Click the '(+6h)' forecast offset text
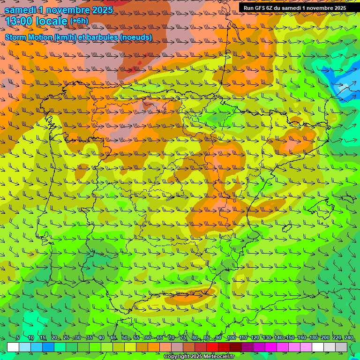pyautogui.click(x=79, y=21)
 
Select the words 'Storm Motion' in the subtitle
pyautogui.click(x=28, y=37)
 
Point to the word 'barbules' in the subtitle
pyautogui.click(x=103, y=37)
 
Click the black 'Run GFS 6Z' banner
pyautogui.click(x=294, y=7)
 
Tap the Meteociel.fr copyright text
pyautogui.click(x=199, y=357)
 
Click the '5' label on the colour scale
pyautogui.click(x=18, y=338)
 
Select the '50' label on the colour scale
pyautogui.click(x=124, y=338)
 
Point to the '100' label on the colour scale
pyautogui.click(x=231, y=338)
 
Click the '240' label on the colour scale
pyautogui.click(x=349, y=338)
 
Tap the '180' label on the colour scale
pyautogui.click(x=314, y=338)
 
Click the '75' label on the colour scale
pyautogui.click(x=183, y=338)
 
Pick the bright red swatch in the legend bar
pyautogui.click(x=212, y=347)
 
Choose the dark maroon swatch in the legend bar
pyautogui.click(x=236, y=347)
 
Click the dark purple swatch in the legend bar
pyautogui.click(x=247, y=347)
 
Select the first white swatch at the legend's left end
pyautogui.click(x=13, y=347)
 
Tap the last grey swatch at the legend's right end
pyautogui.click(x=342, y=347)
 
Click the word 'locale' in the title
pyautogui.click(x=51, y=21)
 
